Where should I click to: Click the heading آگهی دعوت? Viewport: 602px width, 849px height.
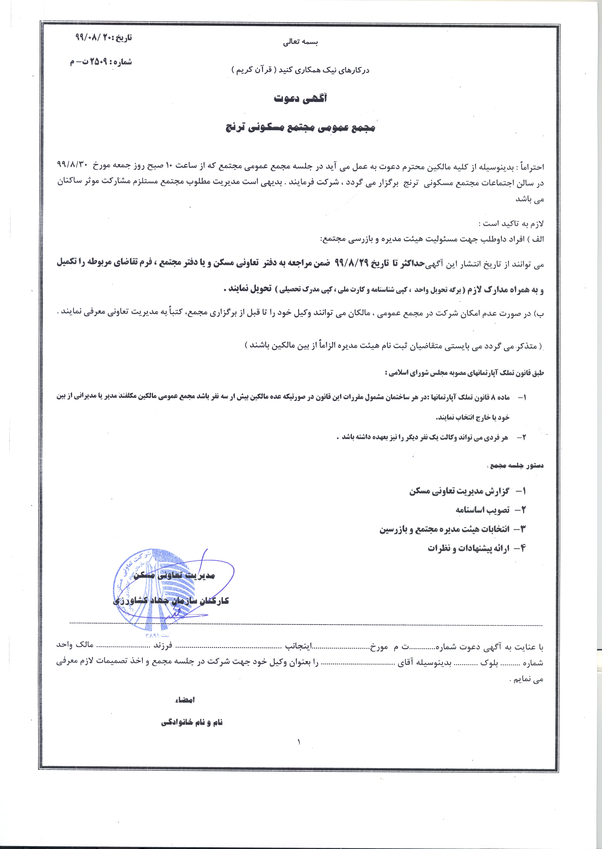click(300, 99)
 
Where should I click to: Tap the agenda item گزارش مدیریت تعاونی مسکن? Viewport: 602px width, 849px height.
click(460, 492)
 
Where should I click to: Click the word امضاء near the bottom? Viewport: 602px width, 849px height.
click(185, 700)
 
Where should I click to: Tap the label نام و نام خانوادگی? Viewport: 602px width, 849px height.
click(192, 722)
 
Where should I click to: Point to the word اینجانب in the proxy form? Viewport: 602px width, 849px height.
click(299, 647)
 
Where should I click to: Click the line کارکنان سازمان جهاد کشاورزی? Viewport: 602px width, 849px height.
click(171, 601)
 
